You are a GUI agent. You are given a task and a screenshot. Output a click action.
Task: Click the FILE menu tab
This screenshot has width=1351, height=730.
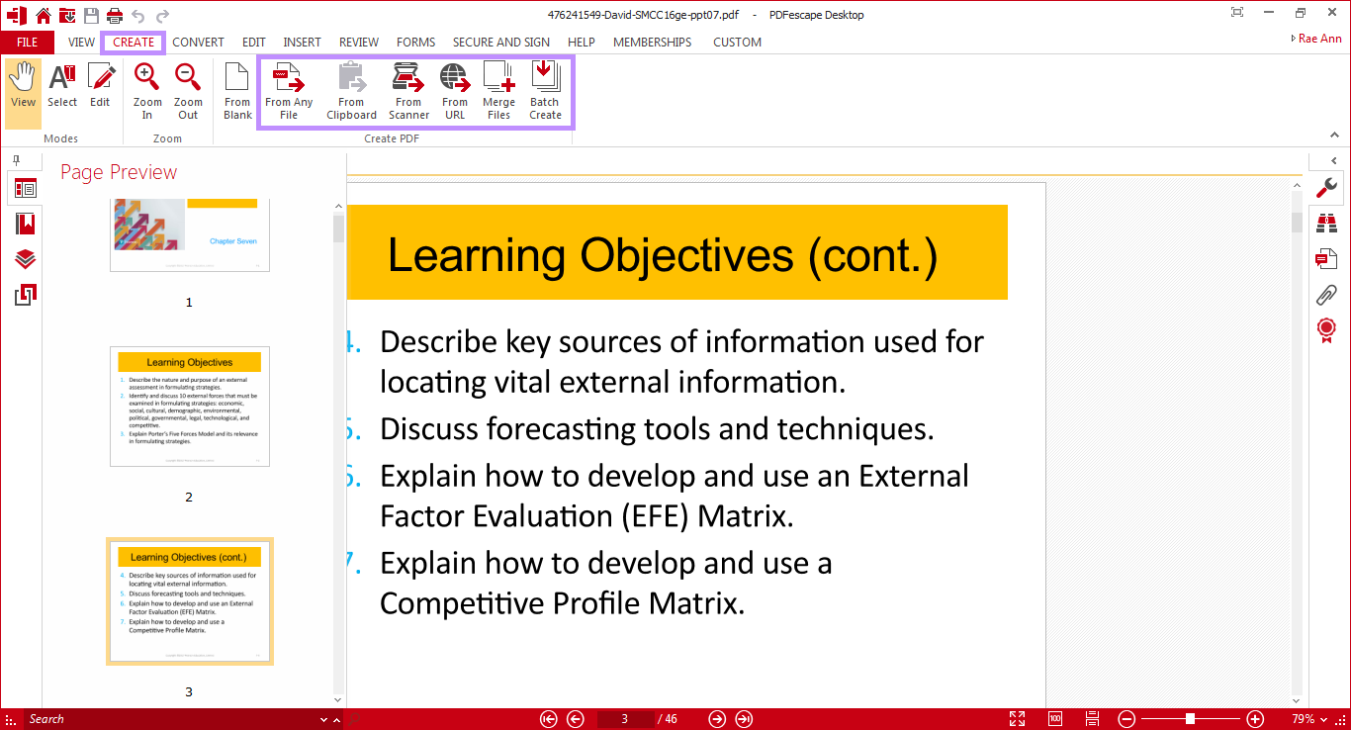(x=27, y=43)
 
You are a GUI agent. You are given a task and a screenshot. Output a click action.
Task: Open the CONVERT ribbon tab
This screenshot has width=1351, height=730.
(x=198, y=43)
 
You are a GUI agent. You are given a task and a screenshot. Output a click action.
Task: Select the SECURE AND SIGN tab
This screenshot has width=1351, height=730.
(x=500, y=43)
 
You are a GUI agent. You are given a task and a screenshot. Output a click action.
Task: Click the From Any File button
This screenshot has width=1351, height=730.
(x=289, y=91)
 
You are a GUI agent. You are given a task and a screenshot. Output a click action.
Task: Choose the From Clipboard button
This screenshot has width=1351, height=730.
(x=351, y=91)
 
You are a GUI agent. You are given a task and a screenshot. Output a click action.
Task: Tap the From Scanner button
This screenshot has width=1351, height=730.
(x=408, y=91)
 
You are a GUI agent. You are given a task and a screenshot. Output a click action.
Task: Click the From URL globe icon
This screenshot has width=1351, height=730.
(x=455, y=79)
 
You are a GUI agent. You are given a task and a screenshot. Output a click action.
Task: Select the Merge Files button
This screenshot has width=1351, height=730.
(x=498, y=91)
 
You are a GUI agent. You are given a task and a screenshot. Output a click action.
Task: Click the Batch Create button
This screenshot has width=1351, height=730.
(x=545, y=91)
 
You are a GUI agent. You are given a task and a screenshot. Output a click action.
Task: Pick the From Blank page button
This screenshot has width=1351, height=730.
(x=237, y=91)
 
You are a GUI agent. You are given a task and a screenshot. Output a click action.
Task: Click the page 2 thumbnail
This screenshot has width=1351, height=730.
(x=189, y=407)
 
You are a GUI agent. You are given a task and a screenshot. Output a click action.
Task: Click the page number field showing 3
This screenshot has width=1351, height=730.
(x=625, y=719)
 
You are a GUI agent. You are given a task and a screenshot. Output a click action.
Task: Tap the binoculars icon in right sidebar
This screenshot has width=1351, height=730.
(x=1326, y=224)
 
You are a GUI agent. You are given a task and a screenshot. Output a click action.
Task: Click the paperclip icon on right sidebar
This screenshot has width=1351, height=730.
(x=1326, y=294)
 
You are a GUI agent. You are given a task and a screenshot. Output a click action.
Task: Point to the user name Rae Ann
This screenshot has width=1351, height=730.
(x=1319, y=39)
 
